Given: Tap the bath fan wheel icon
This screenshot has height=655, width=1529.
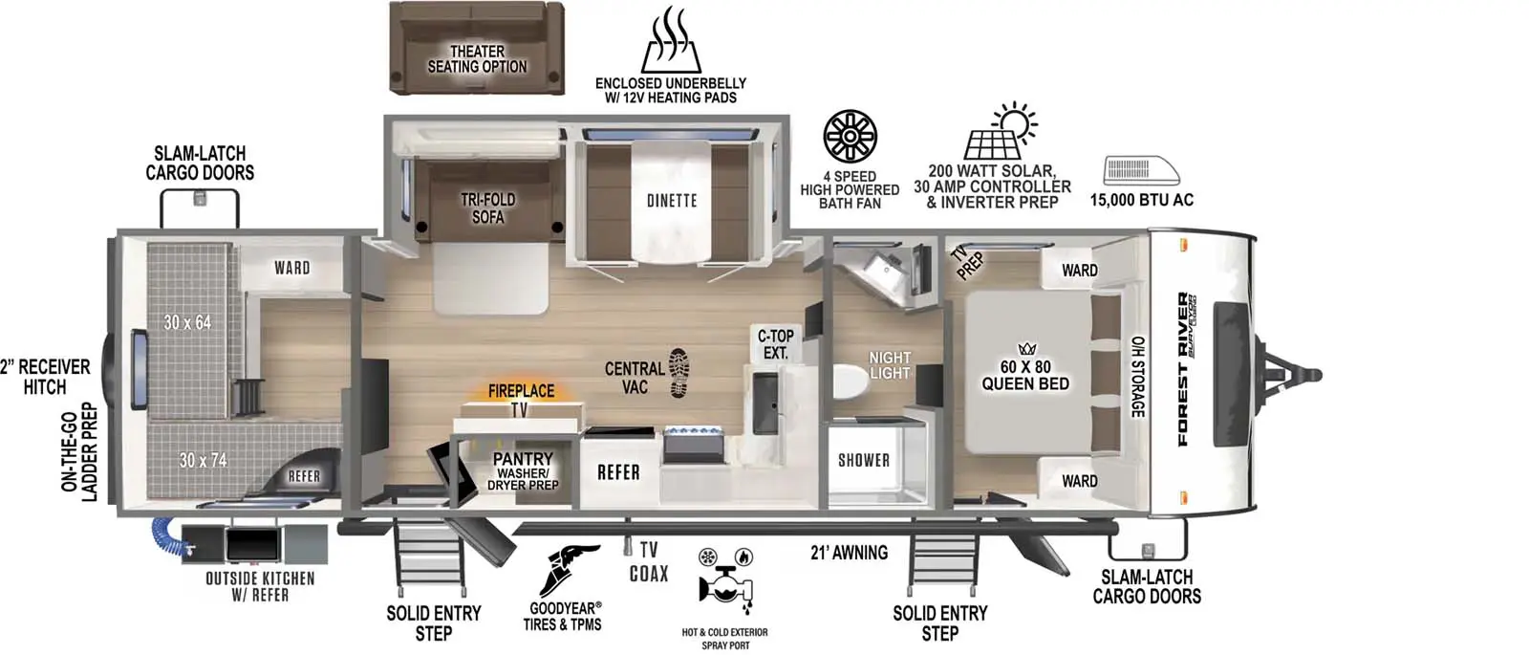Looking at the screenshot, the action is (850, 137).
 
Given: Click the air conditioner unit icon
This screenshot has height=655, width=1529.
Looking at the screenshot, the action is (1142, 171).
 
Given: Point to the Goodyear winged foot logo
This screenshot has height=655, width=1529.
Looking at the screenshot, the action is (568, 571).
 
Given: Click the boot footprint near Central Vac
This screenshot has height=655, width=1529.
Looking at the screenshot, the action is (678, 372).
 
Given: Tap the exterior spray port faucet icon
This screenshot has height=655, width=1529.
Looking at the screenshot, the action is (725, 580).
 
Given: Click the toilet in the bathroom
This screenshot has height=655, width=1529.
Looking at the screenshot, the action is (851, 382).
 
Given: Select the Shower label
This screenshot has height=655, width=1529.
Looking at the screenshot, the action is (864, 460).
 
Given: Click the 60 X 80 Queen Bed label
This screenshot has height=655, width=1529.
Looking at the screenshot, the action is (1025, 376).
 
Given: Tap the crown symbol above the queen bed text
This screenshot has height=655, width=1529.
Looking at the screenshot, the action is (1026, 349).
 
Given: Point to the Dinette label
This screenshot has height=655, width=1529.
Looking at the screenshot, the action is (672, 201).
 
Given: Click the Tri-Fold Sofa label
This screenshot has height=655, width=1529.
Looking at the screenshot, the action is (488, 208).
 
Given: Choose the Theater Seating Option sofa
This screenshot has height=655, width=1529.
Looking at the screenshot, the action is (477, 48).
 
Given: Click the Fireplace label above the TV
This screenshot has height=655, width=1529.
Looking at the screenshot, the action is (521, 391).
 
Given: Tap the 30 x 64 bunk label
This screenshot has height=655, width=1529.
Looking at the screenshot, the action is (187, 322).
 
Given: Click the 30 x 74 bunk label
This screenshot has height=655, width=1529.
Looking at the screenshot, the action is (203, 460).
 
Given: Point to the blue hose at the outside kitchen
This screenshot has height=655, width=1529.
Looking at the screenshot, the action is (170, 536).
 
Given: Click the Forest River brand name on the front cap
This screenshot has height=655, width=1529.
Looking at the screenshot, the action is (1183, 369).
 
